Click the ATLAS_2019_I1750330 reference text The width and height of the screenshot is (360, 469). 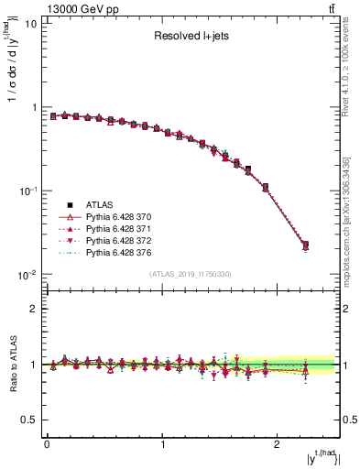[x=189, y=274]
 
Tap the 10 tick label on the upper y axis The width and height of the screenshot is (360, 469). [x=29, y=24]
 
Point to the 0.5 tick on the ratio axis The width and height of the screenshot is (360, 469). [x=27, y=420]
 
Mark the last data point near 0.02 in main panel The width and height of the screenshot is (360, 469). [x=305, y=245]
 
